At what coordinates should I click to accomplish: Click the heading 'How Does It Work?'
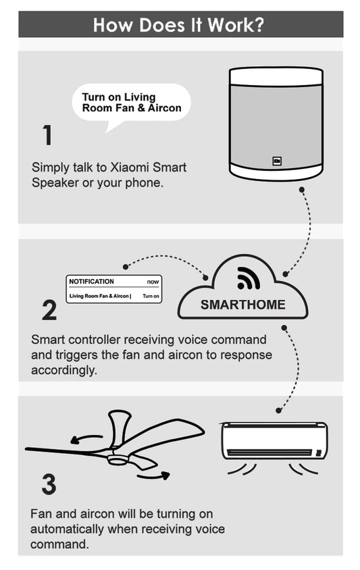pos(178,25)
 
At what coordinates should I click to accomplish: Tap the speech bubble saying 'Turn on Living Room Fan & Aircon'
pos(131,103)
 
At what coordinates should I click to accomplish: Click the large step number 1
pos(47,135)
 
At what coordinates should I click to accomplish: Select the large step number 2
pos(49,310)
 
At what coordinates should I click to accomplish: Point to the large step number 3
pos(49,484)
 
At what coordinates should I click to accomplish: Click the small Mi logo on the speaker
pos(277,161)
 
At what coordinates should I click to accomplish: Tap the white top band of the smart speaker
pos(276,76)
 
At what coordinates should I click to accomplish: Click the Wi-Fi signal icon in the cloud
pos(248,278)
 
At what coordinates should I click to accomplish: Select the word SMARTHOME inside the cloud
pos(243,305)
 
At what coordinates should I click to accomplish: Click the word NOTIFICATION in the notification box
pos(91,282)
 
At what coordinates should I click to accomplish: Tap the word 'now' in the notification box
pos(153,282)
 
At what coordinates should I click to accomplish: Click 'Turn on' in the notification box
pos(151,296)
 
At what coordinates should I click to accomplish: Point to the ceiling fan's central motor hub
pos(117,458)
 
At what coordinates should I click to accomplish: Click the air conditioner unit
pos(274,441)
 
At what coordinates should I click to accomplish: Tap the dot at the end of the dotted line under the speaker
pos(301,190)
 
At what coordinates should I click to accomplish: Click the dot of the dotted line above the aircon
pos(278,411)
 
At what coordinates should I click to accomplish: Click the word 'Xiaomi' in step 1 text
pos(130,167)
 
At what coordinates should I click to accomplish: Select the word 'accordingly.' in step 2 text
pos(64,370)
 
